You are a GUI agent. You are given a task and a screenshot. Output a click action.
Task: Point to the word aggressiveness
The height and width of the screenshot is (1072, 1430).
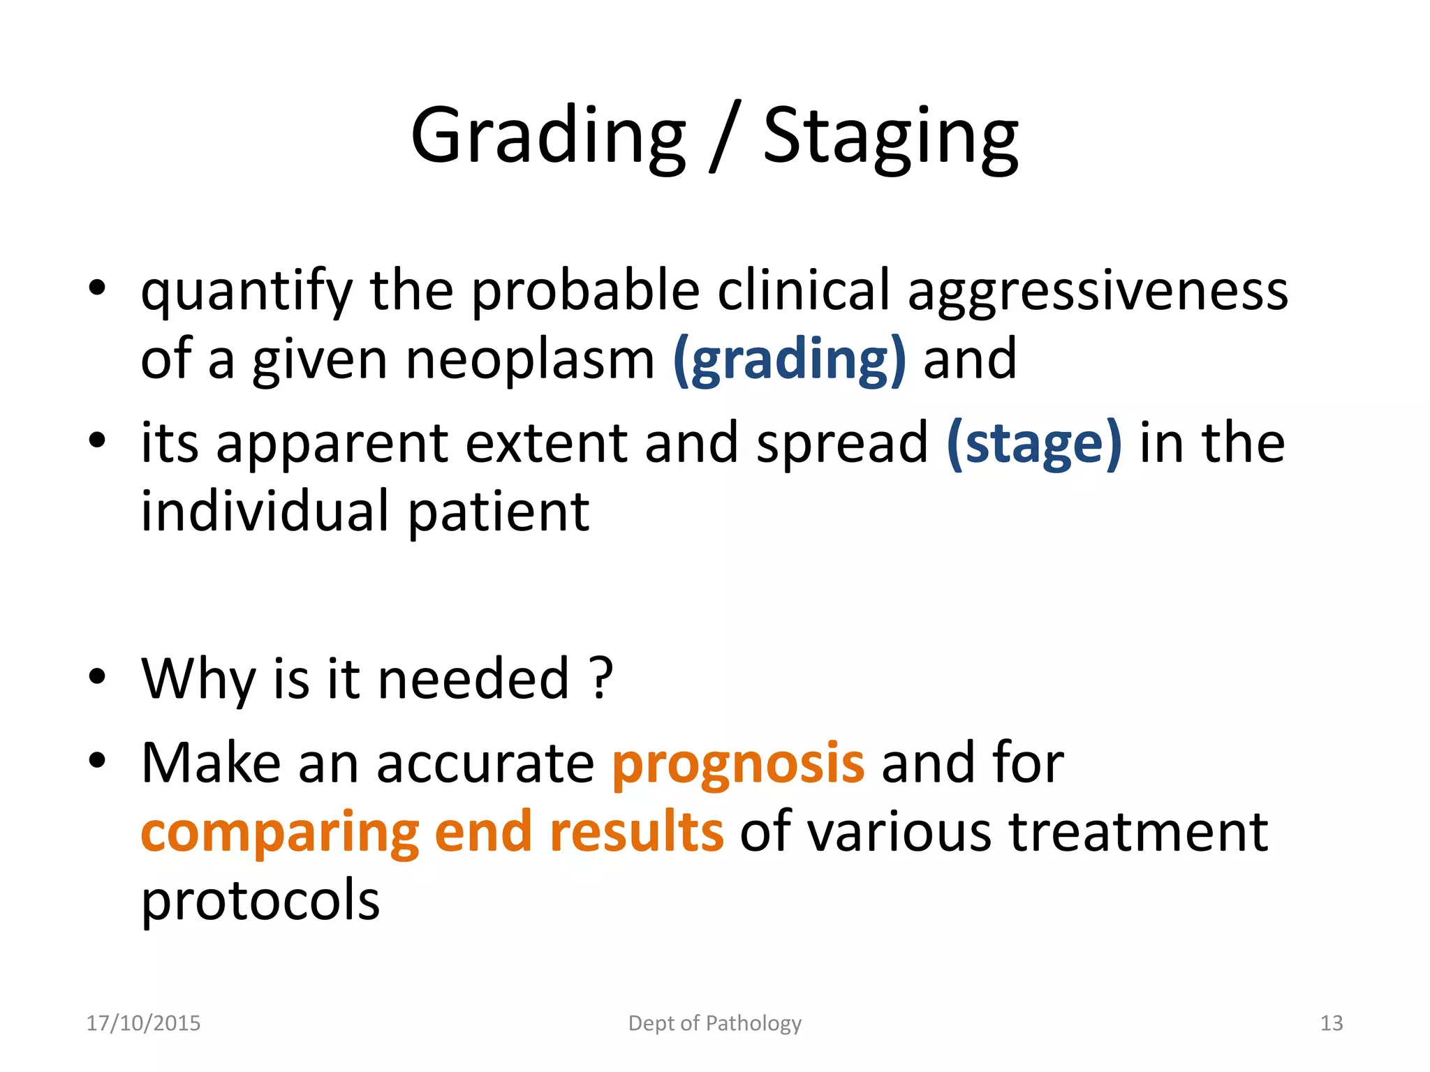[1098, 292]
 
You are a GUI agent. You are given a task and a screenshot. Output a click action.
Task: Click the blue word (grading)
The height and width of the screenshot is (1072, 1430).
[789, 360]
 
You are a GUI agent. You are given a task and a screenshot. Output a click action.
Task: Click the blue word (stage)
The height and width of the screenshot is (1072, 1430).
[1034, 443]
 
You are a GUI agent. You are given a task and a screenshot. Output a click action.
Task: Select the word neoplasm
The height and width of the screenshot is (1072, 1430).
[530, 360]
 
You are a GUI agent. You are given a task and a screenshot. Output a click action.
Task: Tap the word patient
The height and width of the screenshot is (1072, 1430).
[499, 512]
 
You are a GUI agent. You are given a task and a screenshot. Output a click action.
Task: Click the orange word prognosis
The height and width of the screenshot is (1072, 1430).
[738, 763]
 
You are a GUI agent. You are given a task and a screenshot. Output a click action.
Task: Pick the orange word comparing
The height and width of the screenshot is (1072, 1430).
[279, 833]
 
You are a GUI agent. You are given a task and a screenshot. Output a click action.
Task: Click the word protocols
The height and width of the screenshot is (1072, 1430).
[260, 900]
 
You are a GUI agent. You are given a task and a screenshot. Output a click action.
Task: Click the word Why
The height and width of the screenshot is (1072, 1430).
[198, 680]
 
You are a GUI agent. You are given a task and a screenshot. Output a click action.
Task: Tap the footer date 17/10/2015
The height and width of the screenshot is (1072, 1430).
[143, 1023]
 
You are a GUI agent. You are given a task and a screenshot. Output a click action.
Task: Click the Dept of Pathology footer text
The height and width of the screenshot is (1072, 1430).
[714, 1023]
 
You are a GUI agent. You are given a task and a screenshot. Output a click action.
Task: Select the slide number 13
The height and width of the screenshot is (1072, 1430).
[1331, 1023]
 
